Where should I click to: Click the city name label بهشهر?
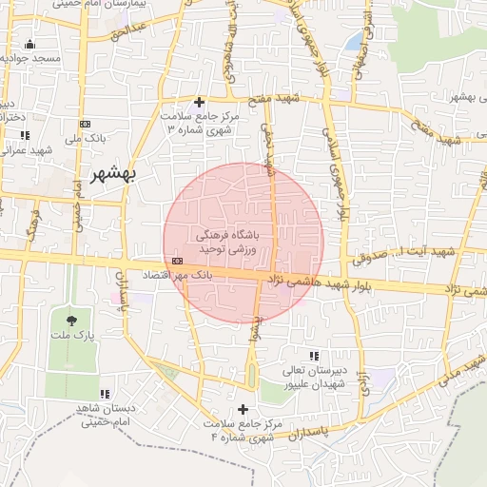[x=113, y=174]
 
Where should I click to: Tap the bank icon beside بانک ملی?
[x=86, y=125]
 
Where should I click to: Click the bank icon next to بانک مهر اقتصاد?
[x=178, y=261]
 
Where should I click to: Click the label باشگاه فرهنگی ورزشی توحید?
[x=233, y=241]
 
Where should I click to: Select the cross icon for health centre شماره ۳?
[x=199, y=102]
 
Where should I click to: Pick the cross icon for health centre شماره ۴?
[x=243, y=409]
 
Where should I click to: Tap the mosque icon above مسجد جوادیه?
[x=30, y=44]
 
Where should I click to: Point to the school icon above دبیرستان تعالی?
[x=313, y=356]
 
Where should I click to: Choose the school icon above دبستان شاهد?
[x=105, y=393]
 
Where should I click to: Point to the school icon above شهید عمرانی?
[x=24, y=135]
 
